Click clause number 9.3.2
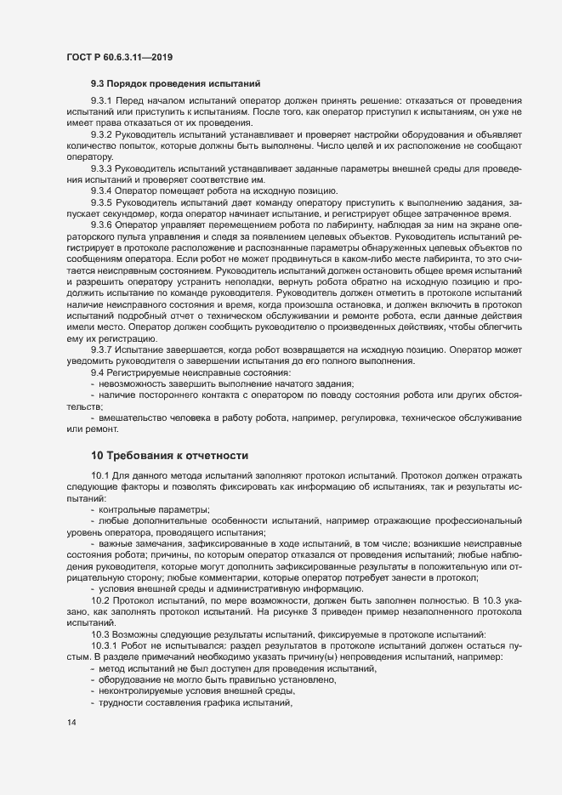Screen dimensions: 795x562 tap(105, 136)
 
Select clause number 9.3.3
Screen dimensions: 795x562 tap(105, 168)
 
